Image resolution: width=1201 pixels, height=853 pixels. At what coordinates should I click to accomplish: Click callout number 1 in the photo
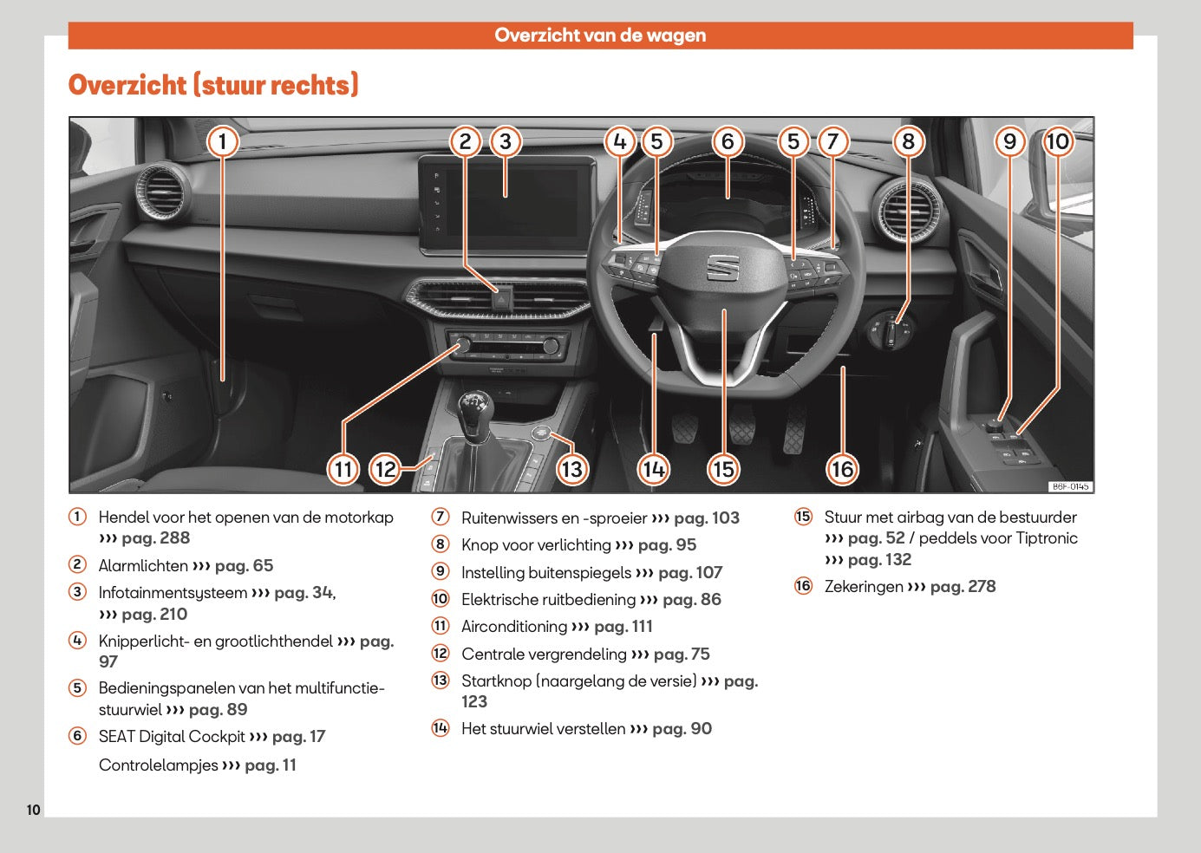click(223, 141)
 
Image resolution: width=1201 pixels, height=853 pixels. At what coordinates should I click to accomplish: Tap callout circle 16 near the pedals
click(842, 469)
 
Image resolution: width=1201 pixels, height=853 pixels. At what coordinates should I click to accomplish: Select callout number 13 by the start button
click(571, 469)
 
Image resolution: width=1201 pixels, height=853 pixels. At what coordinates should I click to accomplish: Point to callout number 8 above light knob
click(908, 141)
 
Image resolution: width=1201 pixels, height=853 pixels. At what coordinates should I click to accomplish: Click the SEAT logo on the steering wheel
click(721, 267)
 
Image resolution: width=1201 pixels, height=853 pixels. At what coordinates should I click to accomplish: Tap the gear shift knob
click(474, 407)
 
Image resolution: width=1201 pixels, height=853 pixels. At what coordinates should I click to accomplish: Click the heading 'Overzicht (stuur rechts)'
click(213, 85)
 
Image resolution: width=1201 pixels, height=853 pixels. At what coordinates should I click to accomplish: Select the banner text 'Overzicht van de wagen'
click(600, 36)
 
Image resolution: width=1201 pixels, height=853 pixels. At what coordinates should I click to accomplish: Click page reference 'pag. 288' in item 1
click(155, 538)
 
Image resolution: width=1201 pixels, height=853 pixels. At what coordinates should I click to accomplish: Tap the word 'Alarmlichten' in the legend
click(143, 566)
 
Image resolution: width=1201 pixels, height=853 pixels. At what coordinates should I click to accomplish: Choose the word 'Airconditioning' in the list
click(513, 627)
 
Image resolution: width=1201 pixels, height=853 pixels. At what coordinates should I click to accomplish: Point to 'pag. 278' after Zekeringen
click(963, 587)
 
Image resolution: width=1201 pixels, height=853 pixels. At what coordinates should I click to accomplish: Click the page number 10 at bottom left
click(33, 810)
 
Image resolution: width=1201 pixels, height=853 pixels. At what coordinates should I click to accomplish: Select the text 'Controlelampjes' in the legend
click(158, 765)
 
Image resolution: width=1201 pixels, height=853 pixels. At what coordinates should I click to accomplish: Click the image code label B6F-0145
click(1070, 486)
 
